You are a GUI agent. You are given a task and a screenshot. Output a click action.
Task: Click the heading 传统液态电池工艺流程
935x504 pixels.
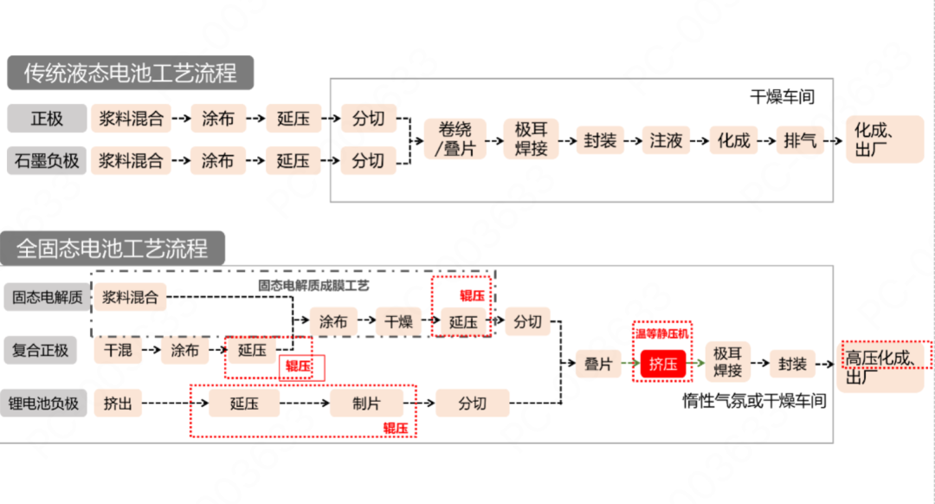(131, 72)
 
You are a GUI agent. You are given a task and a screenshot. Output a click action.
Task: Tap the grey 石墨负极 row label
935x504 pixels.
(48, 160)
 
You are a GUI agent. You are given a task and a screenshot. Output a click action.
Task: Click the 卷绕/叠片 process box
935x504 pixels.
(455, 139)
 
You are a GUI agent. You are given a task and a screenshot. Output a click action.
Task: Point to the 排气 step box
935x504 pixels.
(800, 140)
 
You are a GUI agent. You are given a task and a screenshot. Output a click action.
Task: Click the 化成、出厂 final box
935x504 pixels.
(884, 139)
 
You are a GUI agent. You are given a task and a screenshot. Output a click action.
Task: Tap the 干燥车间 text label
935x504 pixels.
(782, 96)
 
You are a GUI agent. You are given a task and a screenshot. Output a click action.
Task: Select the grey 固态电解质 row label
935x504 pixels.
(47, 298)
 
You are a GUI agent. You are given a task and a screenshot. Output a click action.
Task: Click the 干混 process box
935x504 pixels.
(118, 351)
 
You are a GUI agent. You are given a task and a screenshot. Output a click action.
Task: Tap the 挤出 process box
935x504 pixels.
(118, 403)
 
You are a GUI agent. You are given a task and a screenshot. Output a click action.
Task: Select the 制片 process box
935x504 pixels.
(366, 403)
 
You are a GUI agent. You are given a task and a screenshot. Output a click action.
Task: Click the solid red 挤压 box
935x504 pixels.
(663, 365)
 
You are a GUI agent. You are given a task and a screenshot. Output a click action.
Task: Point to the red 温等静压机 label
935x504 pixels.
(662, 333)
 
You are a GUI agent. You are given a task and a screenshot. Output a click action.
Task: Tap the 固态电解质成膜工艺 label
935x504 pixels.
(313, 285)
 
